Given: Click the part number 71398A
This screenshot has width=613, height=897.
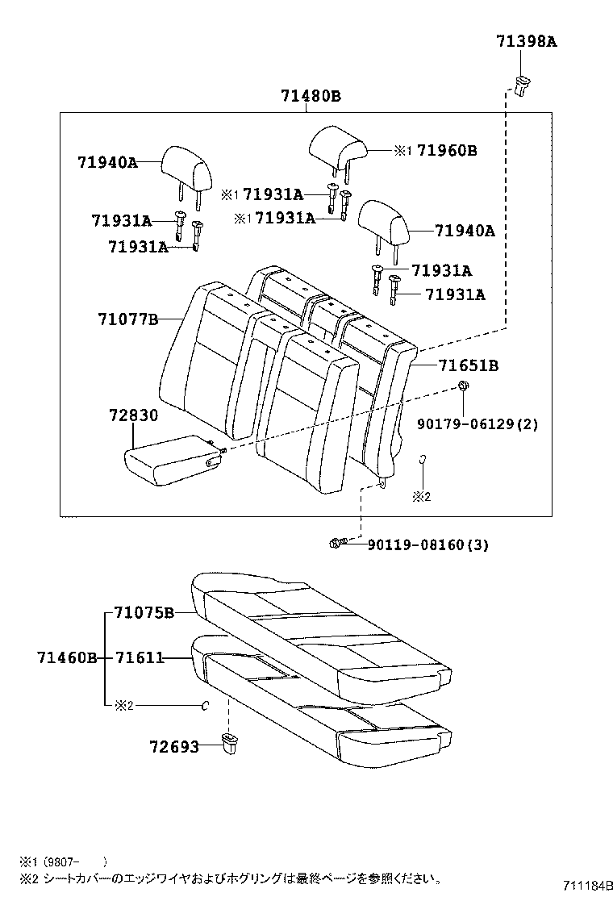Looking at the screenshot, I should [527, 43].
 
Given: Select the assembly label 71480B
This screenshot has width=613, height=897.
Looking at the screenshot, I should [311, 96].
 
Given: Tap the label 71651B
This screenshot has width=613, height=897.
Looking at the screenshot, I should [468, 365].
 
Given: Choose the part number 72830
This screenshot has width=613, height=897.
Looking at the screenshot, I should [133, 415].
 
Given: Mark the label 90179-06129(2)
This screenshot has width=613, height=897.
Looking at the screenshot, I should [477, 423].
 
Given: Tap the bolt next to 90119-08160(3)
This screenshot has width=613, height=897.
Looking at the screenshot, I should [338, 544].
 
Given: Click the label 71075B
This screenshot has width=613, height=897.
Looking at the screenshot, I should [144, 612].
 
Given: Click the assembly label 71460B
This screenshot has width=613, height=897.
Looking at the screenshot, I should [67, 658].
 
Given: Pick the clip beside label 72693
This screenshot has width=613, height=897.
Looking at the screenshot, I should [229, 741].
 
